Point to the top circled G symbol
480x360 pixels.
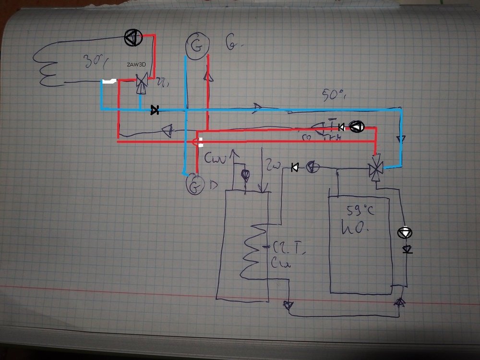195,46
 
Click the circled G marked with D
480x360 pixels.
195,185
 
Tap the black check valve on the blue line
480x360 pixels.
155,110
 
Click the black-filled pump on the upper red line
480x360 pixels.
358,127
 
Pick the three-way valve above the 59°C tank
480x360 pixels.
375,168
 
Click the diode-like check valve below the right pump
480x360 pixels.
407,250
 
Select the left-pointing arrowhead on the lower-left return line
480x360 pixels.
167,130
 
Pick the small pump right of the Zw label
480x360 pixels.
311,167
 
